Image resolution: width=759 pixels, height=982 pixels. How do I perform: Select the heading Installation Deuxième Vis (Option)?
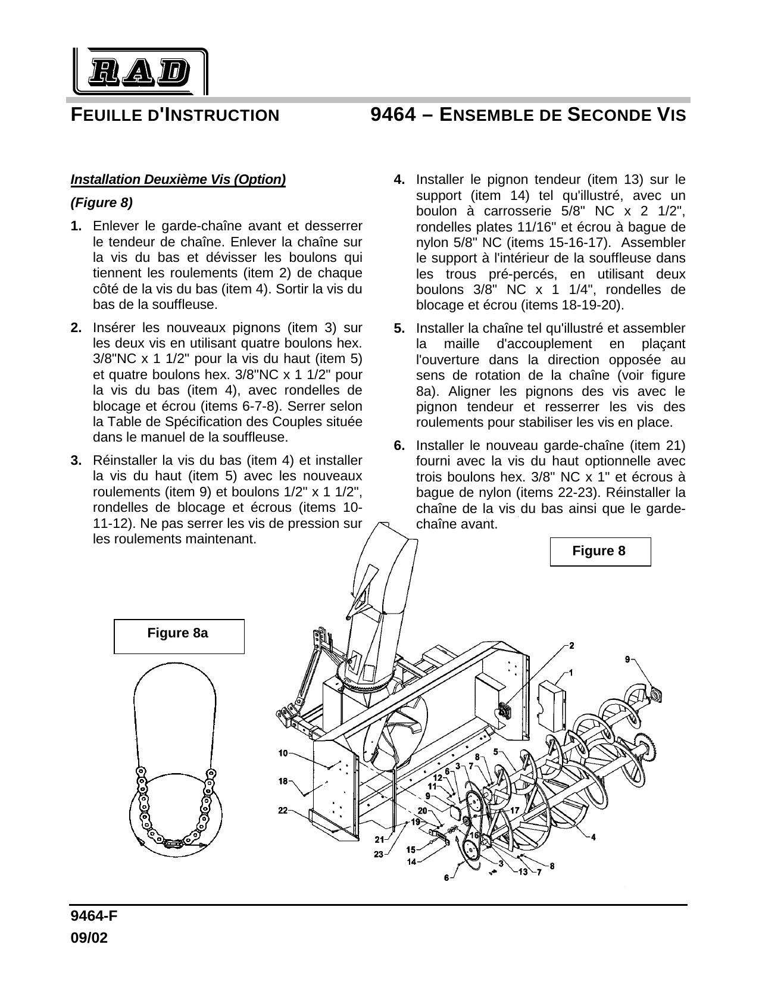(178, 180)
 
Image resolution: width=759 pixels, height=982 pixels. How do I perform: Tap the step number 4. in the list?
(399, 179)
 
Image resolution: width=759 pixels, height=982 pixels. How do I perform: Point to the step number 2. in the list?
(76, 327)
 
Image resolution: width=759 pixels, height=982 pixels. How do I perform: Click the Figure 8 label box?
(600, 551)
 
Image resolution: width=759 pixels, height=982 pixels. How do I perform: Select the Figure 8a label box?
(179, 636)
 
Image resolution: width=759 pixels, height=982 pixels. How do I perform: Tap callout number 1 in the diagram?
(571, 673)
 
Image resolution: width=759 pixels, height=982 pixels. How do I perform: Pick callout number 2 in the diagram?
(571, 645)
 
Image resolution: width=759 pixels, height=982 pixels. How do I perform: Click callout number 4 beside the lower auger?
(593, 837)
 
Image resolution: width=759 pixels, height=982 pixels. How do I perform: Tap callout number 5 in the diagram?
(495, 752)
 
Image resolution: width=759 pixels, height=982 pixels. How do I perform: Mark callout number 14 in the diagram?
(411, 861)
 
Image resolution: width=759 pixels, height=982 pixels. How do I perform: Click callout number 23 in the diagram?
(378, 855)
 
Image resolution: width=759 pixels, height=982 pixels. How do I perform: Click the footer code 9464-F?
(93, 915)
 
